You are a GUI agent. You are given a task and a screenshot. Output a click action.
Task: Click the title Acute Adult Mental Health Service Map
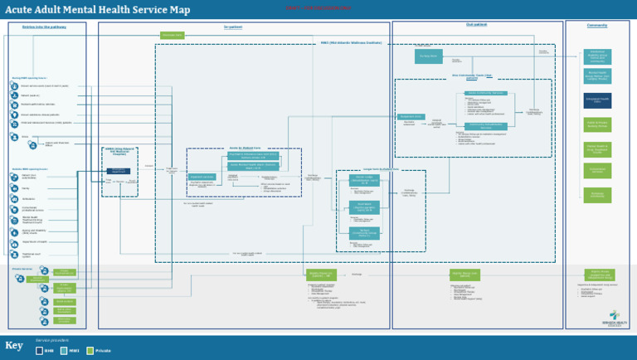coord(98,10)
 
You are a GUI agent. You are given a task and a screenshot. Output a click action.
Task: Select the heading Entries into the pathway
coord(46,27)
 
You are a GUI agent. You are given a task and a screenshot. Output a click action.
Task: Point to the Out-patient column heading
coord(476,25)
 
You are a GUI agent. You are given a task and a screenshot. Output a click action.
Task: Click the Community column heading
coord(597,26)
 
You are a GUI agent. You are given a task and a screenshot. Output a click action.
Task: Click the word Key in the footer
coord(14,346)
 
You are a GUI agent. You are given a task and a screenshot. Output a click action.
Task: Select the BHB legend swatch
coord(39,351)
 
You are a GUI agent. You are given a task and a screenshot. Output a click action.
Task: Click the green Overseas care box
coord(172,36)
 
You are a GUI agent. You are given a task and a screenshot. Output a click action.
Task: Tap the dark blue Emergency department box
coord(119,171)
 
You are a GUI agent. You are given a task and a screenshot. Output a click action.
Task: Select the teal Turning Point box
coord(428,56)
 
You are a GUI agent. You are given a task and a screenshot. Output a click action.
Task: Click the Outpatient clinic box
coord(411,117)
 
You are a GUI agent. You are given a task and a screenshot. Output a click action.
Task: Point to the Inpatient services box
coord(202,177)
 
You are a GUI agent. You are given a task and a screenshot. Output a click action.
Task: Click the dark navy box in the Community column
coord(597,100)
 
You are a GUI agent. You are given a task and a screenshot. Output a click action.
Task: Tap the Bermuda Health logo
coord(613,319)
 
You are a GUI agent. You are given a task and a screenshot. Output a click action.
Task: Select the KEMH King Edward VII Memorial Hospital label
coord(119,153)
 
